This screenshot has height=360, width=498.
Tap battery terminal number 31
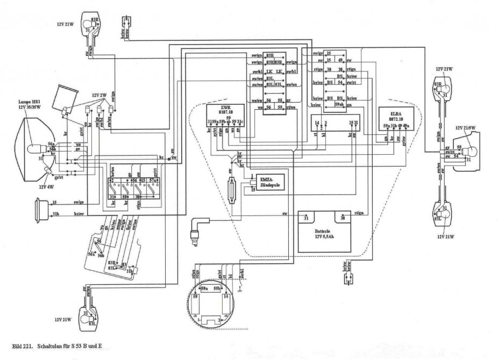coord(306,218)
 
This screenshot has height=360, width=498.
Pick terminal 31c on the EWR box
coord(240,123)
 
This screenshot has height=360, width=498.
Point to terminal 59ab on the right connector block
coord(339,104)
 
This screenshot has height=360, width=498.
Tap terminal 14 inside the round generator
coord(226,296)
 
